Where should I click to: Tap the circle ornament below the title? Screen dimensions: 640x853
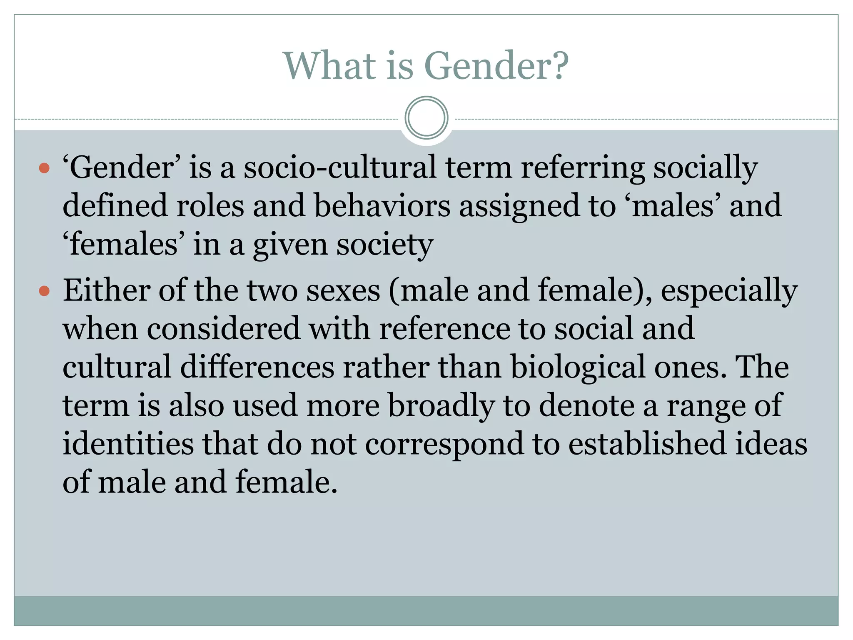[426, 118]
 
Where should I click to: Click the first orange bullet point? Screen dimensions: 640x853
[44, 168]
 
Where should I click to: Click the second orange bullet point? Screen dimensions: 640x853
[44, 291]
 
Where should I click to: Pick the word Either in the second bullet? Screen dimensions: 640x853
[107, 290]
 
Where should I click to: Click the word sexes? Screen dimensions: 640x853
[343, 291]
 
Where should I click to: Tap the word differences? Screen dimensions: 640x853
[257, 367]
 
